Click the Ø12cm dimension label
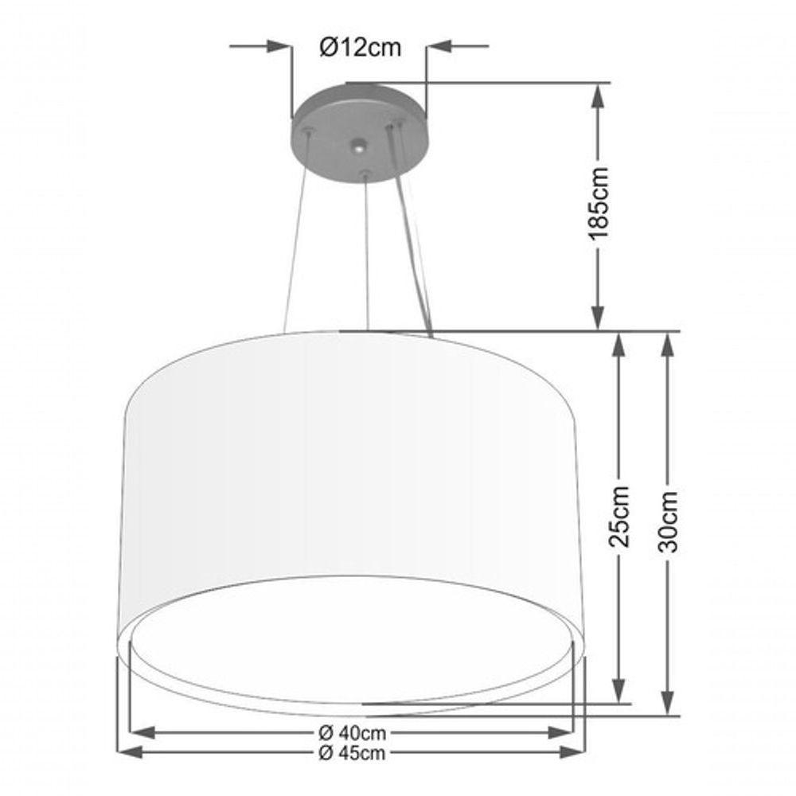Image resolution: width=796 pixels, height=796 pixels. click(x=360, y=48)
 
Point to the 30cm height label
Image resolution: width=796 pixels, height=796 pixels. click(x=669, y=522)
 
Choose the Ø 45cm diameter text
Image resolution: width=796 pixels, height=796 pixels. click(x=351, y=752)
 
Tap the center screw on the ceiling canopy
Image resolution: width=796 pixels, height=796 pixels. click(x=360, y=146)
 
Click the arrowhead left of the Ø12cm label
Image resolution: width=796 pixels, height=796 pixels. click(x=279, y=48)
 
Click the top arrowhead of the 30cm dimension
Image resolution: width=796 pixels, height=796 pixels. click(x=669, y=344)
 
